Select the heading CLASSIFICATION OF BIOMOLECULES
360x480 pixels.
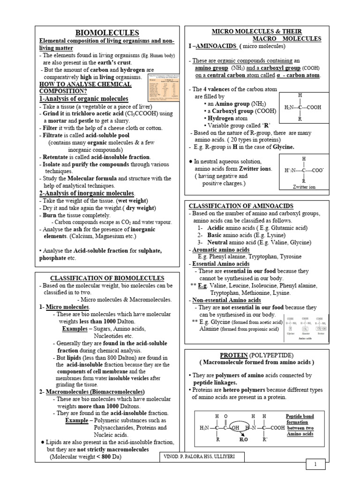coord(107,278)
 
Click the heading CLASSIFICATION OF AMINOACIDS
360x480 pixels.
coord(241,206)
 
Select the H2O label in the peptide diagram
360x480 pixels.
coord(244,440)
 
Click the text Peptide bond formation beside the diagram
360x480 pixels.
coord(300,425)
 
